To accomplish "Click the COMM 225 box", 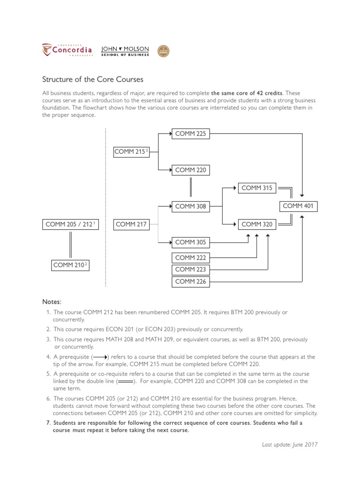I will [x=190, y=134].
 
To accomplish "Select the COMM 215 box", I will [x=131, y=152].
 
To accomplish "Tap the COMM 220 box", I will [x=190, y=170].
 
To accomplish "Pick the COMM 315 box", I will [x=257, y=188].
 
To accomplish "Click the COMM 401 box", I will [x=299, y=206].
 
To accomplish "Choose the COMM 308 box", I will [x=190, y=206].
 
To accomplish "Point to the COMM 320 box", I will [x=257, y=225].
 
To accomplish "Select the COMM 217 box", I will [x=131, y=225].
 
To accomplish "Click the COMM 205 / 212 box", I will [x=70, y=225].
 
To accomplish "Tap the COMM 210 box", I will [x=70, y=265].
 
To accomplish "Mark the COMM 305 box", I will [x=190, y=242].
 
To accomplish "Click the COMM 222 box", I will [x=190, y=258].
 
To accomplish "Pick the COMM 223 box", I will [x=190, y=270].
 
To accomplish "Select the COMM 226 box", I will [x=190, y=282].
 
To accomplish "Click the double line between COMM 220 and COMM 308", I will [x=191, y=188].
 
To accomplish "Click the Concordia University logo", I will [x=67, y=50].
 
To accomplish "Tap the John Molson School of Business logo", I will [x=125, y=51].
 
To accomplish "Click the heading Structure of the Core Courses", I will [x=93, y=79].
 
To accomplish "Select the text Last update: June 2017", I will [x=289, y=444].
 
